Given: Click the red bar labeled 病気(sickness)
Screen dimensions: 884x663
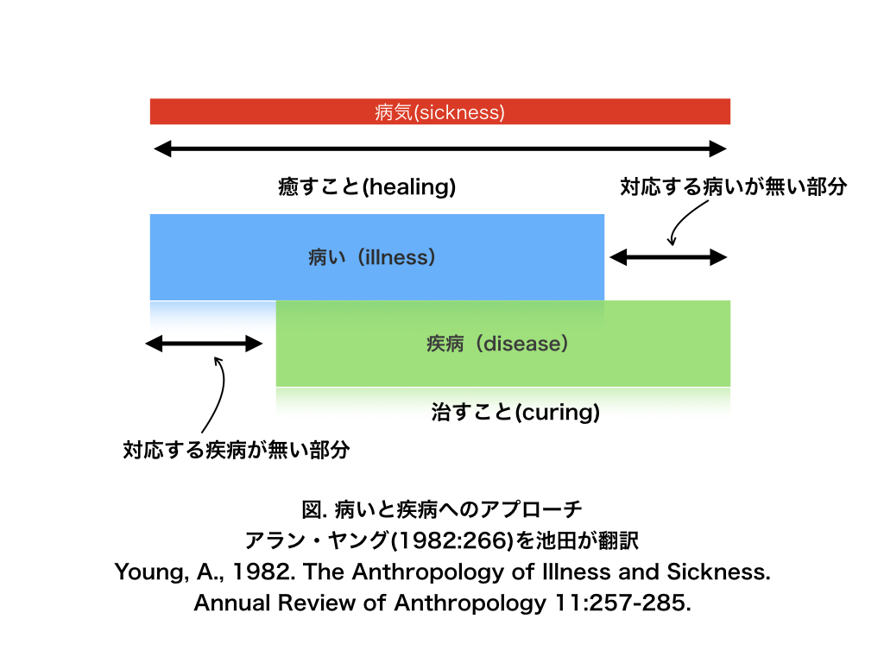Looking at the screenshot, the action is (439, 111).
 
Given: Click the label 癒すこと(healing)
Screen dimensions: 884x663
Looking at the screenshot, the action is (367, 186).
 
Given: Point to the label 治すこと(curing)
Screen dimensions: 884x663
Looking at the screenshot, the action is (515, 412).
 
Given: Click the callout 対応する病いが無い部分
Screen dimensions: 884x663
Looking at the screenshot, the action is (734, 186).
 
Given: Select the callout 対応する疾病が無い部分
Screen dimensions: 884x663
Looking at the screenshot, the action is (237, 450).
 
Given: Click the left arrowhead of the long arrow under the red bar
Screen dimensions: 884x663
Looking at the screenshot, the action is (162, 148).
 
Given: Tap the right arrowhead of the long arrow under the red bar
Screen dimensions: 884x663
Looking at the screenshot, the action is (717, 148).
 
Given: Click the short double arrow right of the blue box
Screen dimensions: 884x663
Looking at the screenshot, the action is (668, 257).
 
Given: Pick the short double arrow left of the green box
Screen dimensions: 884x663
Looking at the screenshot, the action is (204, 344).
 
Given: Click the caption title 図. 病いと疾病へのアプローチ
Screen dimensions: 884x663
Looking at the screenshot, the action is (442, 509).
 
